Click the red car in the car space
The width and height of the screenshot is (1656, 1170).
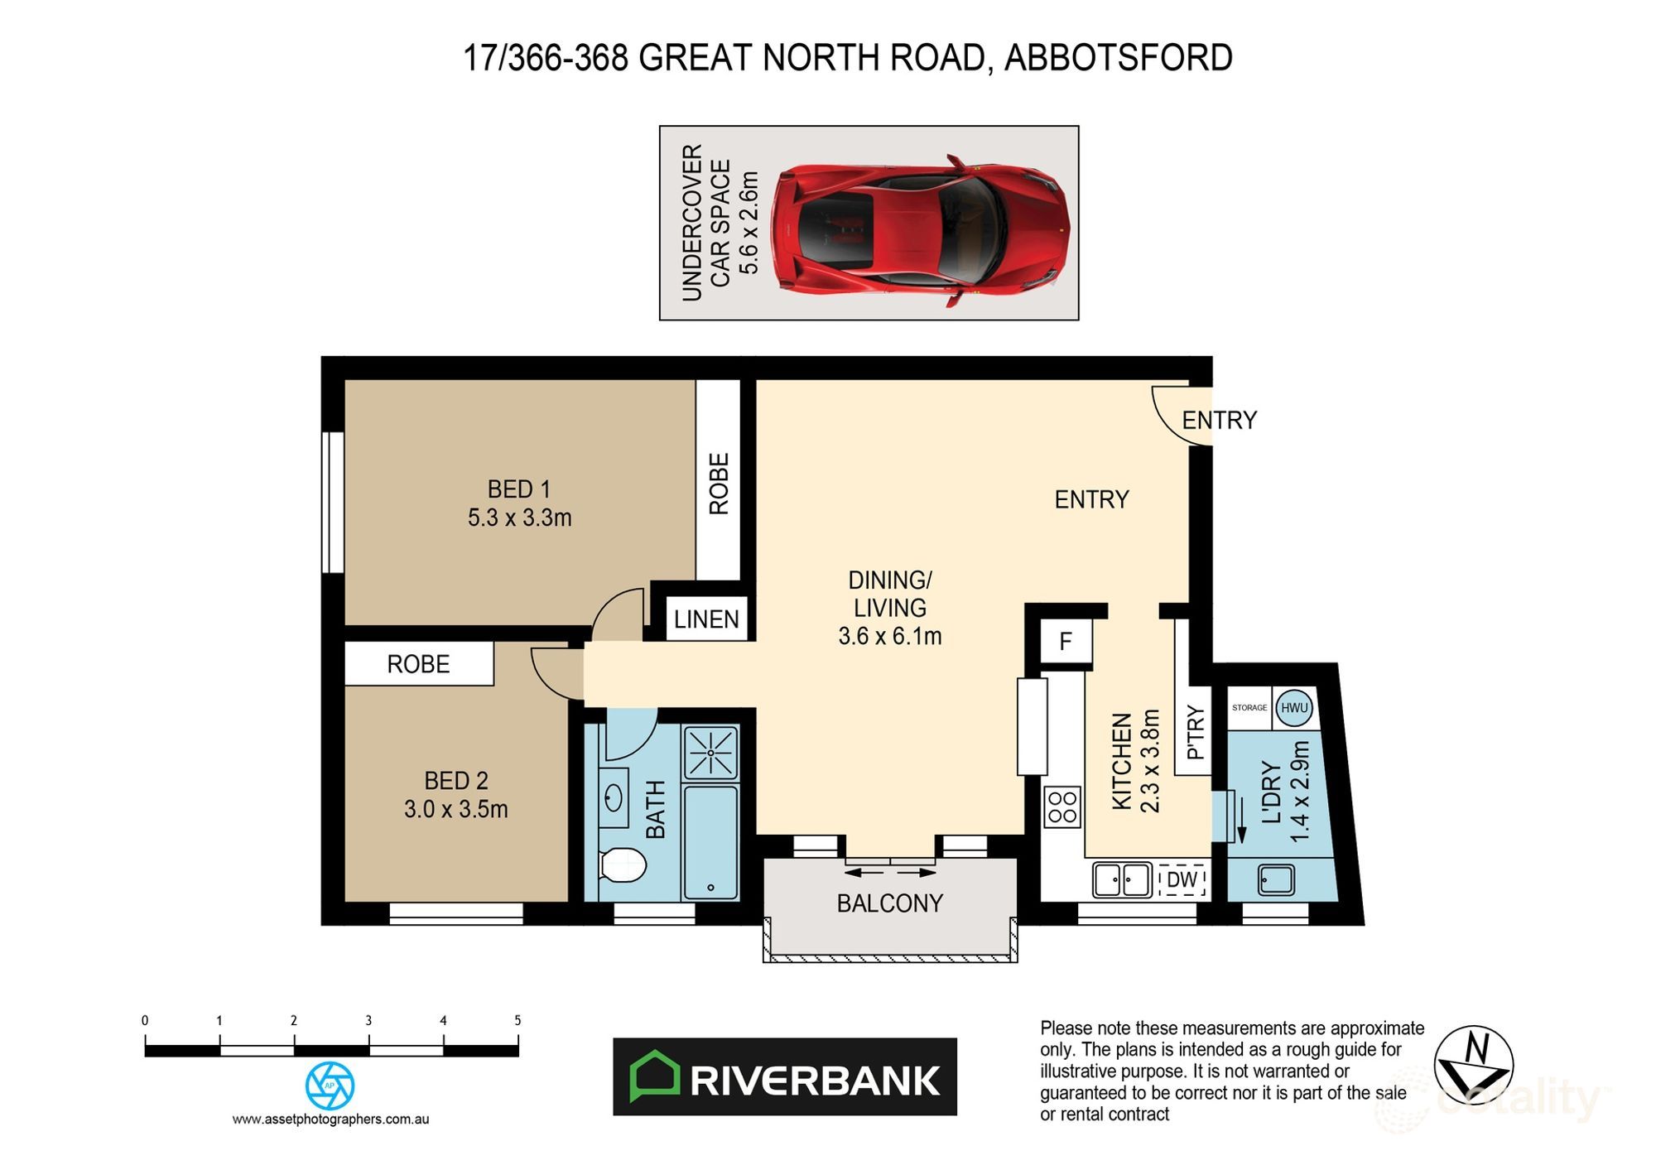click(919, 229)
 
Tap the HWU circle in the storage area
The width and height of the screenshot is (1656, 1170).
click(1293, 708)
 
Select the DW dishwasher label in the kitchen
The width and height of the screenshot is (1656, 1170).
click(1182, 879)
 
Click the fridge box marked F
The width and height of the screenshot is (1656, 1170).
click(1065, 642)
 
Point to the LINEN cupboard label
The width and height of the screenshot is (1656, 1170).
click(706, 619)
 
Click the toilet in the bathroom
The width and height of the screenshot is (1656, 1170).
click(622, 865)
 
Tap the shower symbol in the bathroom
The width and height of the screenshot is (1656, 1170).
click(710, 753)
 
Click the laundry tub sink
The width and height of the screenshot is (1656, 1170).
click(1276, 879)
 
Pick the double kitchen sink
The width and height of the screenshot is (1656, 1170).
click(1122, 879)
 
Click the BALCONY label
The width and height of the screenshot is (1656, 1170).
click(890, 903)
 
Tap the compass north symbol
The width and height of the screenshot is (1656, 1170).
click(1473, 1066)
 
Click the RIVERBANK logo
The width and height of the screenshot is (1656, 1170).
click(784, 1077)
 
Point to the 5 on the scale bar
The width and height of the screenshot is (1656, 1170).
click(517, 1021)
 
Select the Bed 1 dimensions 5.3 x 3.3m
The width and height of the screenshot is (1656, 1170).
click(519, 518)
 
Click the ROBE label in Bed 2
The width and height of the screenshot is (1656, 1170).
click(418, 664)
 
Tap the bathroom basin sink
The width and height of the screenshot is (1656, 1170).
click(613, 799)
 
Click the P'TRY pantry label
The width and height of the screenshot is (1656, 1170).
click(1195, 732)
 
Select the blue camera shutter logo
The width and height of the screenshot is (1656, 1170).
click(330, 1086)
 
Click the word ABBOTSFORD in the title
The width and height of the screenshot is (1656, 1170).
click(1118, 58)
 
